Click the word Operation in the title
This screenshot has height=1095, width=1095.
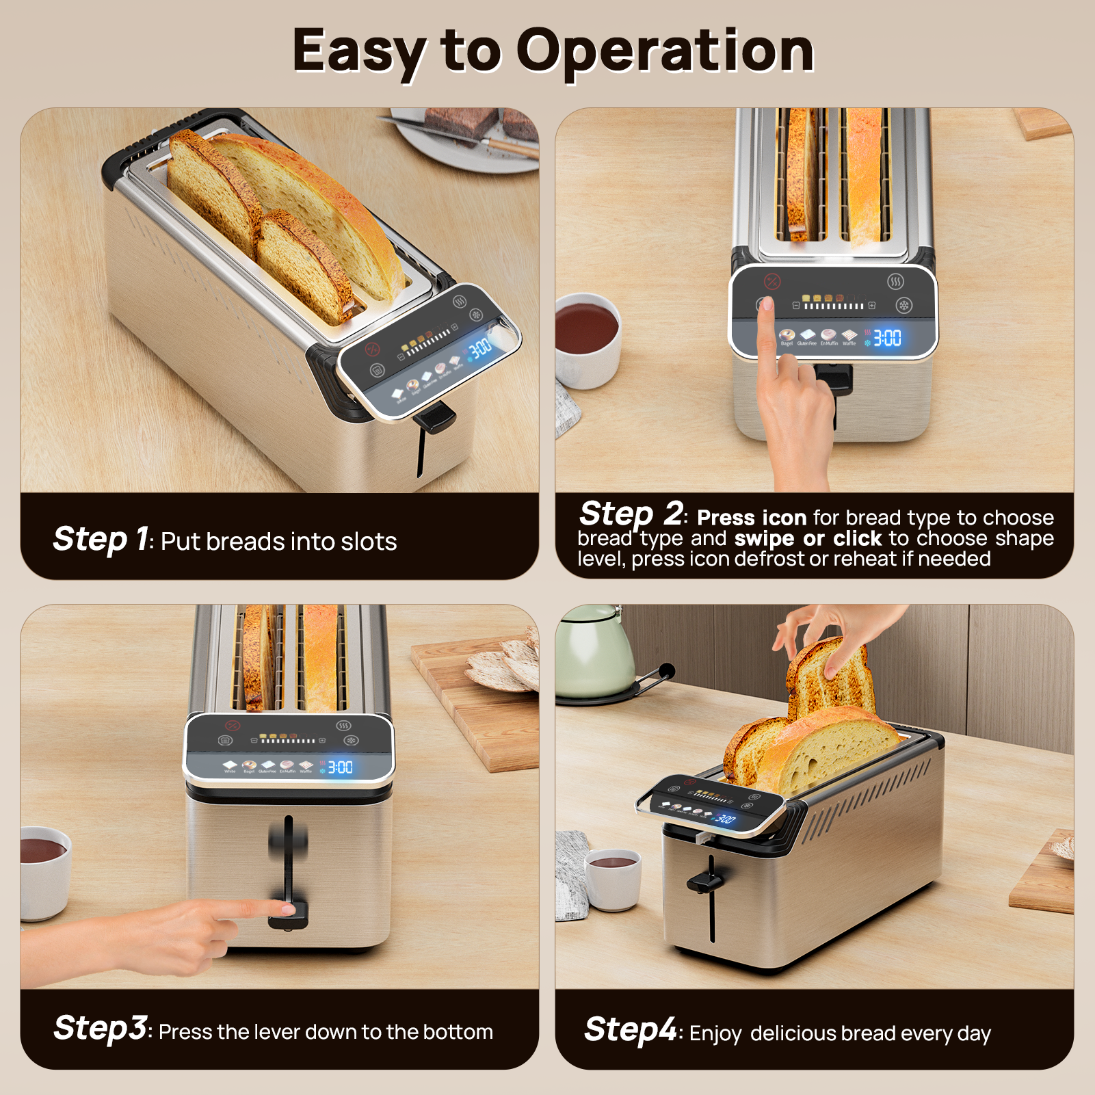(x=665, y=51)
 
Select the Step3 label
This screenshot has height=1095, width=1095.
(x=100, y=1028)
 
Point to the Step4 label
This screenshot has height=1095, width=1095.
(x=630, y=1030)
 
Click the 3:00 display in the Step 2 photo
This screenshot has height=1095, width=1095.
(x=887, y=338)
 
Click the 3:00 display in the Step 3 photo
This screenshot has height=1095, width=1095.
(x=340, y=767)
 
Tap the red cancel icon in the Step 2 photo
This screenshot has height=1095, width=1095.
(x=771, y=281)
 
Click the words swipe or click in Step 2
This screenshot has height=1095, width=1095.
(x=808, y=539)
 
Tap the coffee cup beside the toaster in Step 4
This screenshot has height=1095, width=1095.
(x=612, y=879)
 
